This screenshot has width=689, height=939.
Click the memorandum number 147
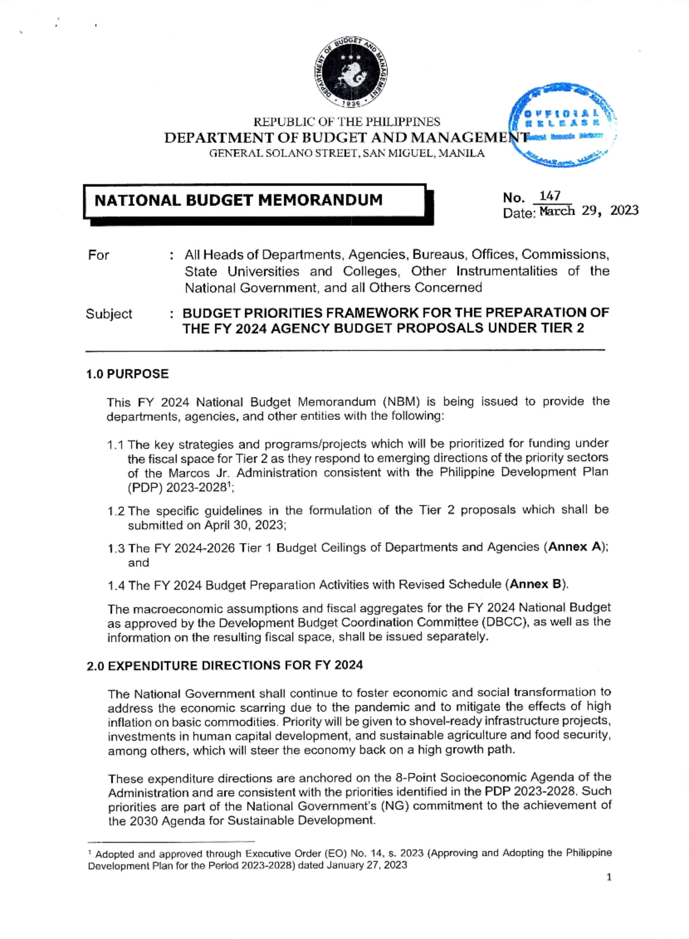tap(550, 196)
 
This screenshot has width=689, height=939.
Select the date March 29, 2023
tap(589, 211)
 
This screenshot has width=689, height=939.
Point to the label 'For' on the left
tap(98, 255)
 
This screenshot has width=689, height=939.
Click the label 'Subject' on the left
tap(109, 314)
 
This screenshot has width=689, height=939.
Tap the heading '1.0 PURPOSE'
tap(127, 374)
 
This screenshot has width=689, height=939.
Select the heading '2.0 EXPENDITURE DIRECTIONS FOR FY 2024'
tap(224, 665)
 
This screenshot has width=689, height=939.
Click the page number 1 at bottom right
tap(609, 878)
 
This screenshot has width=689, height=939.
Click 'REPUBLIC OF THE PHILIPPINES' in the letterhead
tap(347, 122)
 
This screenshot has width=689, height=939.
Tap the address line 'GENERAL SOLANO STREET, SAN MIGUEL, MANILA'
tap(346, 154)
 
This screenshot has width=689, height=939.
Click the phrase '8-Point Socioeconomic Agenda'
tap(460, 778)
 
